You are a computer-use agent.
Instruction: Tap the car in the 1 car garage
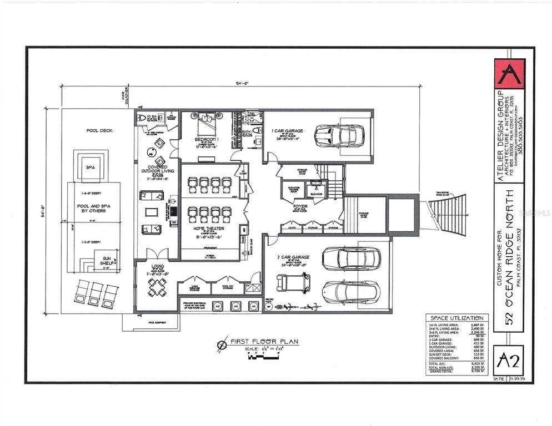coord(339,135)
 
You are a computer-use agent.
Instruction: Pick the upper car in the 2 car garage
coord(351,258)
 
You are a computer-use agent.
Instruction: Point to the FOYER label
coord(300,206)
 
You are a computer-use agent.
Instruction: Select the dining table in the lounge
coord(157,287)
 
